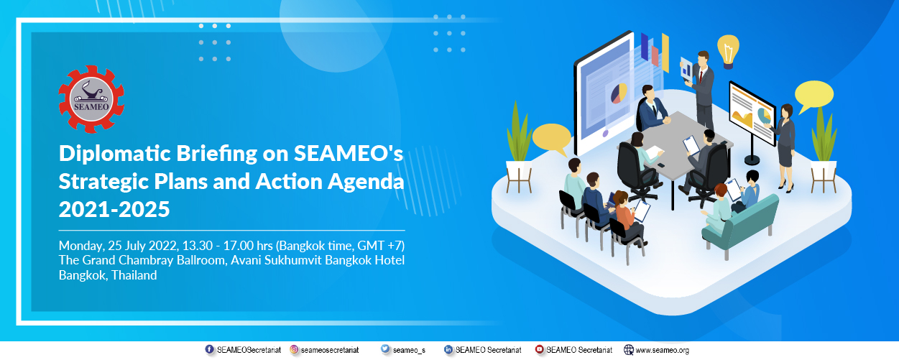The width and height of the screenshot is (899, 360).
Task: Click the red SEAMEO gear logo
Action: tap(91, 99)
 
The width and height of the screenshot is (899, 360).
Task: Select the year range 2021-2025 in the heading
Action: tap(114, 209)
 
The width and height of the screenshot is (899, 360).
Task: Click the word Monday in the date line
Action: tap(82, 246)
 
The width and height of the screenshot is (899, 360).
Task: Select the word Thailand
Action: tap(134, 275)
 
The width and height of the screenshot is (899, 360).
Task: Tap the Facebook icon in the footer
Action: tap(210, 349)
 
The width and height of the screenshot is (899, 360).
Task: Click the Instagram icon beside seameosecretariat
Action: tap(294, 349)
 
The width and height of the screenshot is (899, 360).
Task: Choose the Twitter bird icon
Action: tap(385, 349)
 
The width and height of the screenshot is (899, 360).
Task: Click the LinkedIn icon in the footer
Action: tap(448, 349)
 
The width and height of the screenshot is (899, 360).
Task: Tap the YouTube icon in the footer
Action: tap(540, 349)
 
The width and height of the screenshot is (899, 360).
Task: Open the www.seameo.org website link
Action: tap(662, 350)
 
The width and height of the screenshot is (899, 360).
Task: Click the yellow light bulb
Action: tap(728, 51)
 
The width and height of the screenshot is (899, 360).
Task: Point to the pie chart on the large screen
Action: tap(619, 93)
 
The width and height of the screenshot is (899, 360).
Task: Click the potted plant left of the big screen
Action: tap(519, 148)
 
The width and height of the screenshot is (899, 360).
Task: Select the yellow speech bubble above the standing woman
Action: tap(813, 96)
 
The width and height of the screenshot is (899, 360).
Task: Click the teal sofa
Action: tap(741, 226)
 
